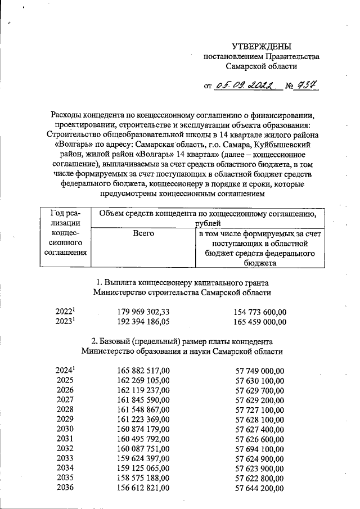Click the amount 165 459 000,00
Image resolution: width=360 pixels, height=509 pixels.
(260, 322)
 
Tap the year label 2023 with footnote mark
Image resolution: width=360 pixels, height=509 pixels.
(66, 322)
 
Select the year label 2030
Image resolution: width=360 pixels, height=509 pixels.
(65, 431)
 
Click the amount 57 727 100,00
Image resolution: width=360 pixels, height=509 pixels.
(260, 411)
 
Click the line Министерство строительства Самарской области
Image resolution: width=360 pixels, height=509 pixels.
(182, 292)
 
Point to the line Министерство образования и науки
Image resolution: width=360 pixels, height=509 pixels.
(182, 352)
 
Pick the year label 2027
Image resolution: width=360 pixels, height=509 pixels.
(65, 400)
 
